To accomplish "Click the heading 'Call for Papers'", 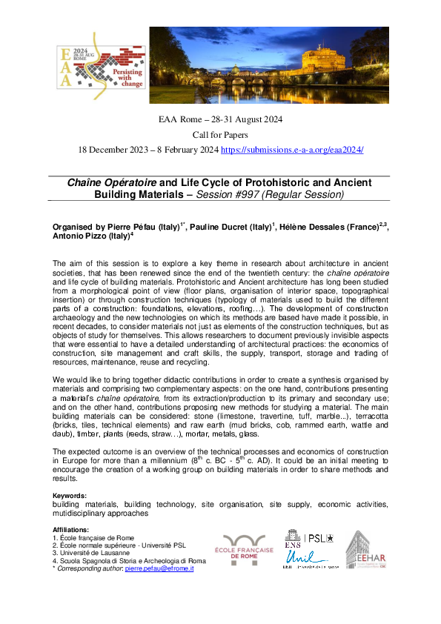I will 220,135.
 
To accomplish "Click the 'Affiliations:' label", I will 71,530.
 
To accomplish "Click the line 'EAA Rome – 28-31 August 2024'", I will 220,119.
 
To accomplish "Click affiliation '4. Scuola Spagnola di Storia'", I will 129,560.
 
